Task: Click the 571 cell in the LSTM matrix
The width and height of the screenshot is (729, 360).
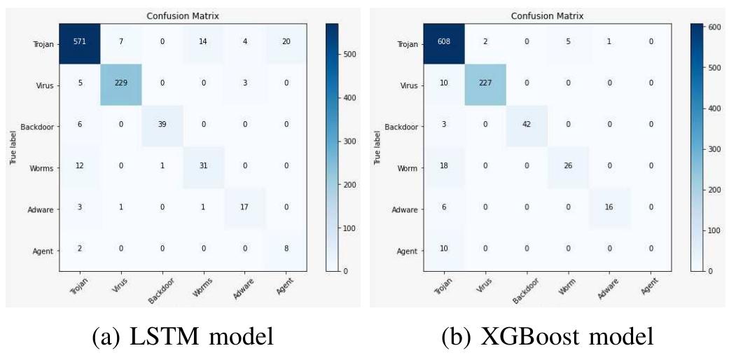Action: (81, 43)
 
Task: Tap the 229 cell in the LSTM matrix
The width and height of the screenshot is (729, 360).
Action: (121, 85)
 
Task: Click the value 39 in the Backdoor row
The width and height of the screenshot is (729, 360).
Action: (162, 126)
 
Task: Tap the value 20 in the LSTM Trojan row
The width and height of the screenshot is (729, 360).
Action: (285, 43)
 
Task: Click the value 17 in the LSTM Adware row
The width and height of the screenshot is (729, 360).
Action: (244, 208)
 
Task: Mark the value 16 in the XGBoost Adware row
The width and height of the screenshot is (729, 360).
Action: (609, 208)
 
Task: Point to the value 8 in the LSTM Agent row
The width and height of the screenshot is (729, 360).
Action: (285, 249)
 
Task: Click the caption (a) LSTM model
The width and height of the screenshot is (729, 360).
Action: (183, 338)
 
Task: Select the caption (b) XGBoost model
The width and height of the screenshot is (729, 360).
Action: (548, 338)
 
